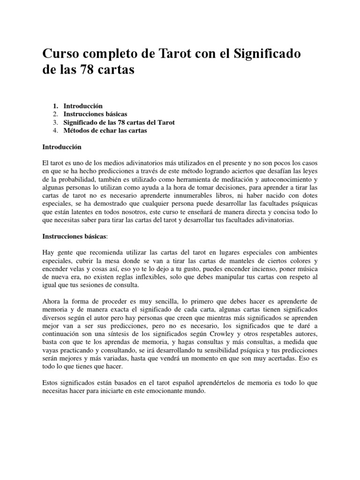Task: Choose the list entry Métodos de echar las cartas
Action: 105,131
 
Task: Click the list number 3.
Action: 55,122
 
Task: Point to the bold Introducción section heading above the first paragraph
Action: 62,147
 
